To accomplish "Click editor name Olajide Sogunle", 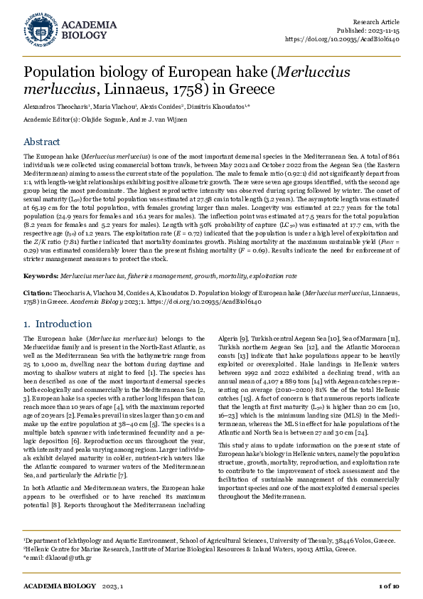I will click(x=106, y=120).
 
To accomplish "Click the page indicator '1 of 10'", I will click(x=387, y=585).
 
